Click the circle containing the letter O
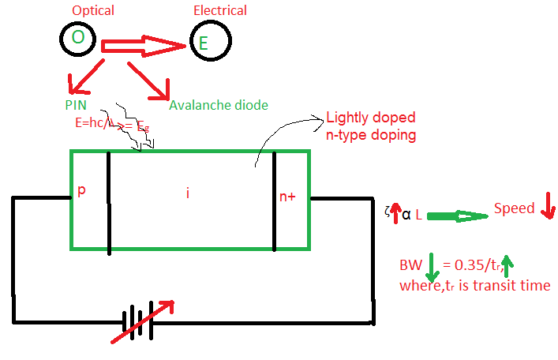tap(77, 38)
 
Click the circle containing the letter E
tap(208, 39)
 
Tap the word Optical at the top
tap(93, 11)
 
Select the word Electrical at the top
tap(220, 11)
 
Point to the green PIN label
tap(77, 104)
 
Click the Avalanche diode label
tap(219, 105)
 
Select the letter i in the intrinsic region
tap(188, 193)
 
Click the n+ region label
tap(287, 197)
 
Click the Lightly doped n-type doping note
tap(371, 126)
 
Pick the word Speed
tap(514, 208)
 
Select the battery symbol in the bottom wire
tap(137, 323)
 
